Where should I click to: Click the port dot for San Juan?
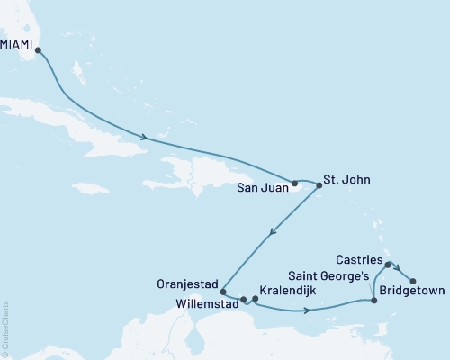(x=294, y=183)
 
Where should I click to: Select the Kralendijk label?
(x=287, y=292)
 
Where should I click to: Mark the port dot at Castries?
(x=387, y=265)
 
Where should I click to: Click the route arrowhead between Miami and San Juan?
(x=144, y=138)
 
